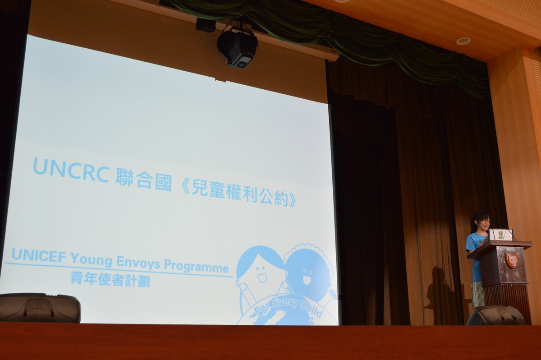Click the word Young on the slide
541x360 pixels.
pos(92,259)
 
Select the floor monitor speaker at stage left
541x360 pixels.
pos(39,308)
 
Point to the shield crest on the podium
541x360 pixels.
pos(511,260)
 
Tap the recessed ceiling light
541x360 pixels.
pos(463,41)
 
